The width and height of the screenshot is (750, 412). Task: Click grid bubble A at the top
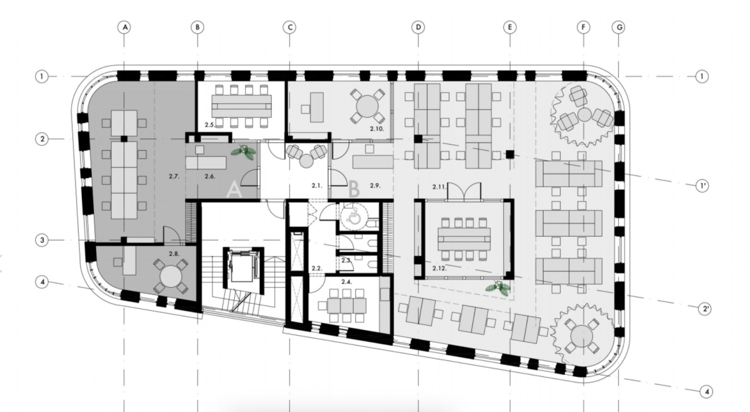click(125, 27)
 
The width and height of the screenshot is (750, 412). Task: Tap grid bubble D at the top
click(418, 27)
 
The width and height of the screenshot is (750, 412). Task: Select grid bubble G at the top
click(619, 27)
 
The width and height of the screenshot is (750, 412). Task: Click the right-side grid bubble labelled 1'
click(702, 185)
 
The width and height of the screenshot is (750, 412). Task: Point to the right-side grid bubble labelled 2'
click(705, 309)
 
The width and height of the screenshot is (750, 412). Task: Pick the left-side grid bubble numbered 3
click(42, 240)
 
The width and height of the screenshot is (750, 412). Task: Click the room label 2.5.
click(210, 125)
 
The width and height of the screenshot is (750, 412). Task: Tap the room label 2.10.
click(377, 129)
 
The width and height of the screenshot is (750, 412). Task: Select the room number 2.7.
click(174, 176)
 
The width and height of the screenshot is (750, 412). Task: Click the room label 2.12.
click(439, 268)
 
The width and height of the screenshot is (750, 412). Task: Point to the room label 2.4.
click(346, 282)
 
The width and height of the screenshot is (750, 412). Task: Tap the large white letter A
click(234, 189)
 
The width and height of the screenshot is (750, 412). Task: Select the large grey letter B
click(354, 189)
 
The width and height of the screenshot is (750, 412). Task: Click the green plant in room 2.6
click(243, 152)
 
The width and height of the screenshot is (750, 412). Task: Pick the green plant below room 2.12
click(498, 288)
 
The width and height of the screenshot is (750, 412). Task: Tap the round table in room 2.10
click(367, 106)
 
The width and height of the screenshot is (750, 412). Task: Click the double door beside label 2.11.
click(465, 191)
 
